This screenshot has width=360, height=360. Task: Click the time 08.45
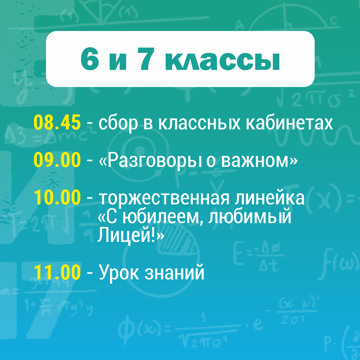click(x=57, y=123)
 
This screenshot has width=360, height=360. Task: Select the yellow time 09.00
click(x=57, y=160)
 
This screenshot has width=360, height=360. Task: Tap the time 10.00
click(x=57, y=197)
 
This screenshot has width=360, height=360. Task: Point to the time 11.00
click(x=57, y=272)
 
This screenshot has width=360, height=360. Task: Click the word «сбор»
click(x=118, y=124)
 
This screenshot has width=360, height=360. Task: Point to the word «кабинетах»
click(x=289, y=123)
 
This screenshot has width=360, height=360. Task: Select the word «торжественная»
click(x=164, y=198)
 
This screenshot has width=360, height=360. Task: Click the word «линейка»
click(x=270, y=198)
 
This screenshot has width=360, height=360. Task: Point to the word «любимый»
click(x=250, y=217)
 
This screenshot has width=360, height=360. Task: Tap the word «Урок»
click(x=119, y=273)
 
